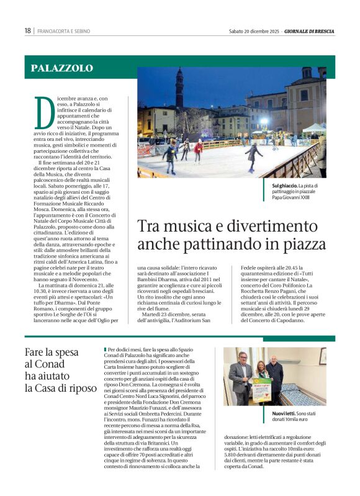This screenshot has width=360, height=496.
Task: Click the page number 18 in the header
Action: pyautogui.click(x=28, y=31)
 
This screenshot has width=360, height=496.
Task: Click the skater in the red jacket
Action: pyautogui.click(x=199, y=150)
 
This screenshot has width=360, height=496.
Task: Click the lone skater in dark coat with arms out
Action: pyautogui.click(x=253, y=155)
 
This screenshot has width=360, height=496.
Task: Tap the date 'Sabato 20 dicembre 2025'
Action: pyautogui.click(x=254, y=31)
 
